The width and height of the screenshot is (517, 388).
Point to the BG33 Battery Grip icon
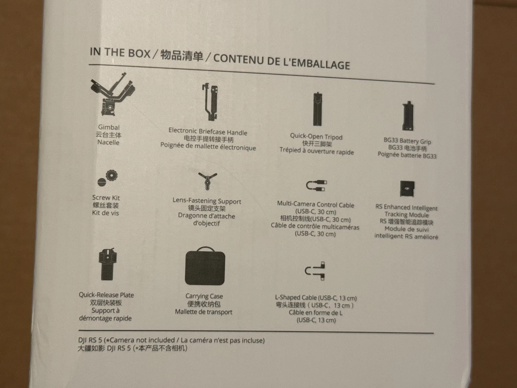408,116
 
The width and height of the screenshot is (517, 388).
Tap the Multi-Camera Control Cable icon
316,185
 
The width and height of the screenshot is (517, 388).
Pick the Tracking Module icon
407,189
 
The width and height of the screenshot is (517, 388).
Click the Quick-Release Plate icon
108,264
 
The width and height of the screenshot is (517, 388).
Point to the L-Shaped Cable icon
315,271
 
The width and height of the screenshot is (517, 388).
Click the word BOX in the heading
139,53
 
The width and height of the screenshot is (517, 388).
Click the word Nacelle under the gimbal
108,142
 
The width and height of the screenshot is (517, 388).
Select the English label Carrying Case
204,296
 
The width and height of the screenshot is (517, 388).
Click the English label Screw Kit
106,198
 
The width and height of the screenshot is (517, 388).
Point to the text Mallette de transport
204,312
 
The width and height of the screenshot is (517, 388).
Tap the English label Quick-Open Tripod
316,136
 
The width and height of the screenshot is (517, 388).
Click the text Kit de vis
106,213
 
